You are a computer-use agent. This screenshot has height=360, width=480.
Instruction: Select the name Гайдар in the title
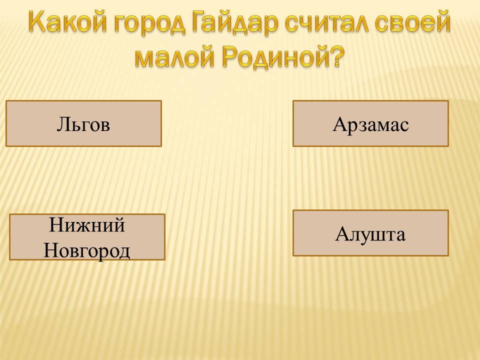point(235,21)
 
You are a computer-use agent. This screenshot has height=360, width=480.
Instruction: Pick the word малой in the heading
point(174,56)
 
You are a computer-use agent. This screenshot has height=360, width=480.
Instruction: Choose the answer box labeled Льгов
point(83,123)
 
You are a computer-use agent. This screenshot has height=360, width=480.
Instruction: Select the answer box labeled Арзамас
point(370,123)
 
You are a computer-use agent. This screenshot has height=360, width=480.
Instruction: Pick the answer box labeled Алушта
point(370,233)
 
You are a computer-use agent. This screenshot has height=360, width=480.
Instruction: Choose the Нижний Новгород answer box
point(87,237)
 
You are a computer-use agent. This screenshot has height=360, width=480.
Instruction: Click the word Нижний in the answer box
point(87,225)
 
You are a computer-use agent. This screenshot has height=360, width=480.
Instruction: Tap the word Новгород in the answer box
point(87,251)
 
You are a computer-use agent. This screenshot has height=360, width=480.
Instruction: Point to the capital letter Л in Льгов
point(63,124)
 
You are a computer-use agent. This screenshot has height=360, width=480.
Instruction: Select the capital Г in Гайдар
point(200,21)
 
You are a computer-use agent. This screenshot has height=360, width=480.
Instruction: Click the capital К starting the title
point(39,21)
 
